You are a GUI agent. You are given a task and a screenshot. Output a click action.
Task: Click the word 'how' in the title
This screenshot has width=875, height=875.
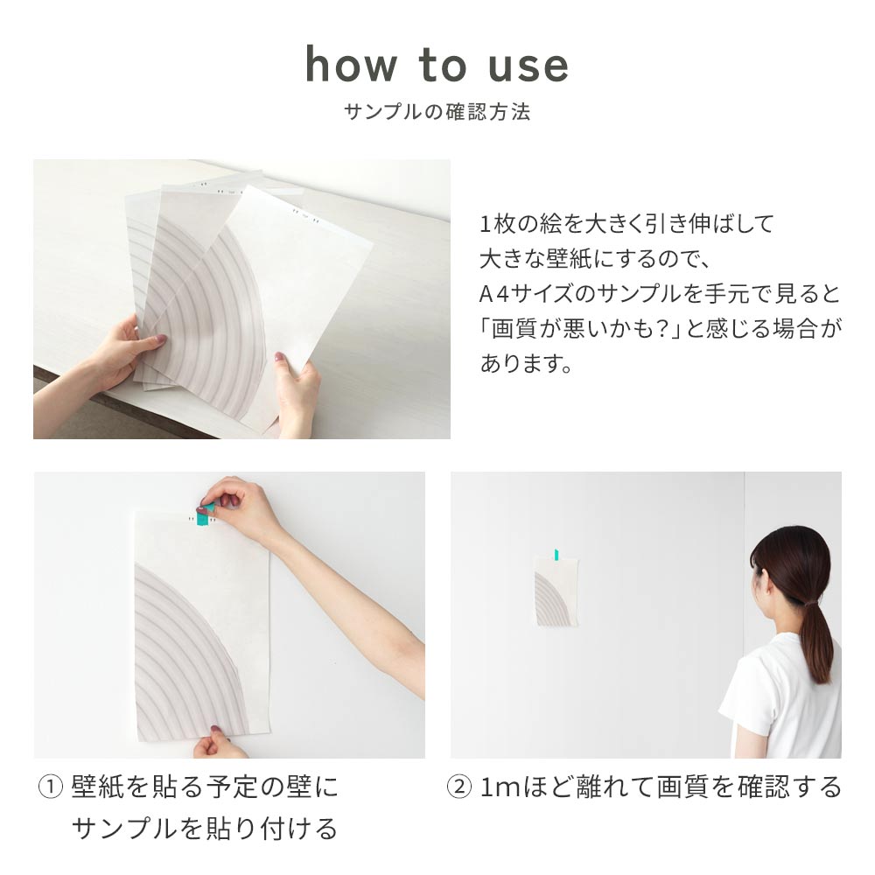click(351, 64)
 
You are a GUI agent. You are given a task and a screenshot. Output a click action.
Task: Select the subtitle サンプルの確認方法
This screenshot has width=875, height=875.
click(437, 112)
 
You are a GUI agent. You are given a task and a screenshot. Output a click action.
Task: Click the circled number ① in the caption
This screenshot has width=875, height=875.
click(50, 787)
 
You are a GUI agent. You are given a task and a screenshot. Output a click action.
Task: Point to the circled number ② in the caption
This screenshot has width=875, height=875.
click(459, 787)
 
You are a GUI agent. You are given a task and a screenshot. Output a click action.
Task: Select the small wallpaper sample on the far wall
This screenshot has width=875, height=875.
click(556, 591)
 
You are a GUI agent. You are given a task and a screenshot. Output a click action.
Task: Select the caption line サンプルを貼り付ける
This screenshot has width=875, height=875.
click(205, 828)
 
